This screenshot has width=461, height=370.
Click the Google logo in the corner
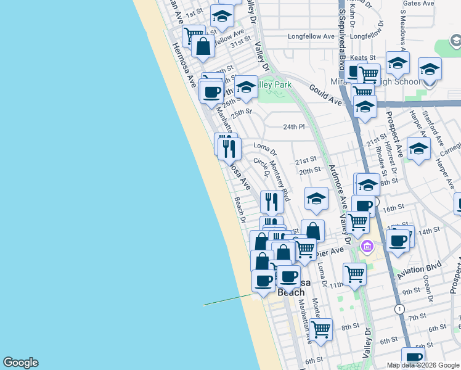pyautogui.click(x=20, y=363)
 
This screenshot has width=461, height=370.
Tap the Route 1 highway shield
pyautogui.click(x=401, y=308)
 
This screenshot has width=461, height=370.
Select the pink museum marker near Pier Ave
pyautogui.click(x=367, y=247)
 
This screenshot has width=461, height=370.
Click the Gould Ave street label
pyautogui.click(x=325, y=94)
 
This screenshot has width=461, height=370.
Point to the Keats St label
pyautogui.click(x=363, y=58)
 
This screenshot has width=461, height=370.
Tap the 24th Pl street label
pyautogui.click(x=294, y=127)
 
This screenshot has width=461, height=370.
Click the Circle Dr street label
pyautogui.click(x=261, y=166)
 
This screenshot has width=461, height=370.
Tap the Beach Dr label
pyautogui.click(x=240, y=210)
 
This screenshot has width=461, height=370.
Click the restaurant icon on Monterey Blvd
pyautogui.click(x=271, y=201)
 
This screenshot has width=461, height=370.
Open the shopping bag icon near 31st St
pyautogui.click(x=203, y=45)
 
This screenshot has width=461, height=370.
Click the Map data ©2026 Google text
pyautogui.click(x=422, y=365)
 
